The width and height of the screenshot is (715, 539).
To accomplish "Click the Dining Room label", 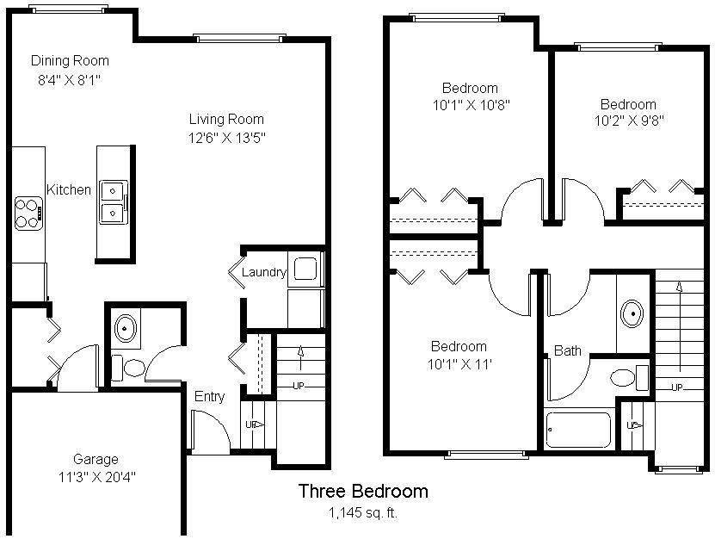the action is coord(70,60).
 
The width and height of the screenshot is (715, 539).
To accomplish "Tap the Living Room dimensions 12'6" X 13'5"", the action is coord(226,138).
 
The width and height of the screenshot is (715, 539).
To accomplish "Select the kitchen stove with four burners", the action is coord(29,214).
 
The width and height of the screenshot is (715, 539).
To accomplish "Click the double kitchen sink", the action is coord(113,202).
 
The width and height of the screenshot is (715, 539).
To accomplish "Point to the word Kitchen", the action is coord(69,189).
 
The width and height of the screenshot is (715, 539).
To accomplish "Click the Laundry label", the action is coord(263,272).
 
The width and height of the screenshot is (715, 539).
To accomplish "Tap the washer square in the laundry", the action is coord(305,269).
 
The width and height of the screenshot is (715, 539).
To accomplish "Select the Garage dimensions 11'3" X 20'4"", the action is coord(96,477).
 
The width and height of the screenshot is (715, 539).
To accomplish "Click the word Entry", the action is coord(209,397).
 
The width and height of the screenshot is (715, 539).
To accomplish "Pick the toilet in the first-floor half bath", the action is coord(128,368).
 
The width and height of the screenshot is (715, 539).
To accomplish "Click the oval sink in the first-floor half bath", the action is coord(126,328).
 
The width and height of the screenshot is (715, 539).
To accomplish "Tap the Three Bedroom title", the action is coord(363,491).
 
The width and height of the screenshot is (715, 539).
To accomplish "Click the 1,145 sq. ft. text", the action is coord(363,512).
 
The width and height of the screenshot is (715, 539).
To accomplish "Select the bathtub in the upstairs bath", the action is coord(578,430).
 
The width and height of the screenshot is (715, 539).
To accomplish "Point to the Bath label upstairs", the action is coord(567,350).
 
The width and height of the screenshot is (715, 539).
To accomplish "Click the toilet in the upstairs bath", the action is coord(629,378).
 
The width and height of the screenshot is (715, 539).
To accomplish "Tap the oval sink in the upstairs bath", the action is coord(632,313).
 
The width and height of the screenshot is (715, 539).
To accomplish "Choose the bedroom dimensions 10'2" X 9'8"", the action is coord(629,121).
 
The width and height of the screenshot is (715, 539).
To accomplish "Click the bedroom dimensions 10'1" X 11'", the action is coord(459,364).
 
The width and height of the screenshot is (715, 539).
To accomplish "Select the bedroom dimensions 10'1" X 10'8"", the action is coord(471,105).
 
